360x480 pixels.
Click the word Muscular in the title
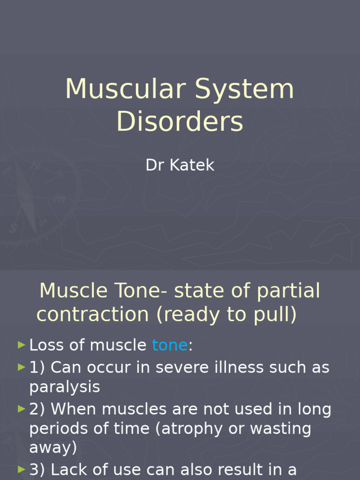click(126, 89)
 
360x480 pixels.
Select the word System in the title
click(245, 89)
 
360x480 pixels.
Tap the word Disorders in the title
click(180, 122)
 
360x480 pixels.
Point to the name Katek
click(192, 165)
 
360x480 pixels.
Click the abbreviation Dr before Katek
click(155, 165)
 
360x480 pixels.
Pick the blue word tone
click(170, 345)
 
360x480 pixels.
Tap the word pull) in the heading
click(277, 315)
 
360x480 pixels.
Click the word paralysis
click(65, 387)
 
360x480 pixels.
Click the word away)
click(53, 447)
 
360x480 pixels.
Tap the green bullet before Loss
click(21, 345)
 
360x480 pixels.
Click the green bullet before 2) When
click(21, 409)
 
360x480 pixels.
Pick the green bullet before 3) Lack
click(21, 469)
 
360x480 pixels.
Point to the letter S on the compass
click(13, 228)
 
